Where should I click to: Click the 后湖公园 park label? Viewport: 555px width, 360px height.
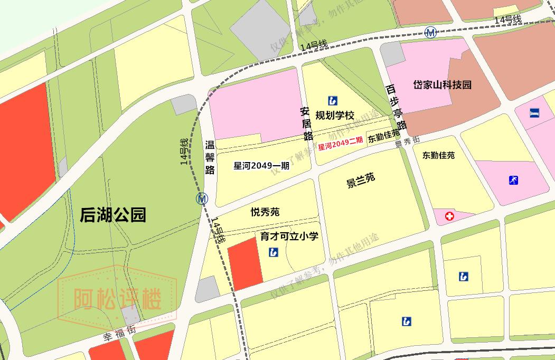click(112, 215)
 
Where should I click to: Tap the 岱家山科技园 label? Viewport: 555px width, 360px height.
click(442, 84)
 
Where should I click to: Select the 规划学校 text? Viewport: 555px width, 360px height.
click(334, 115)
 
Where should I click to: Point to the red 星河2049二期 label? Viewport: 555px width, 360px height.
click(341, 143)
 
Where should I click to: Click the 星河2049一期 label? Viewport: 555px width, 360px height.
click(261, 166)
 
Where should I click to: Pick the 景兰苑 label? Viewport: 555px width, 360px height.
click(360, 180)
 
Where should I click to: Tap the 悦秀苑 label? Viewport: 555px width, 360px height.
click(265, 212)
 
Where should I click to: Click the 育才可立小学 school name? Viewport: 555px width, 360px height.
click(289, 236)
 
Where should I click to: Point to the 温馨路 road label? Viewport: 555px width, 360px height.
click(210, 156)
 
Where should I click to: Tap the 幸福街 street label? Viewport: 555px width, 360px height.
click(119, 334)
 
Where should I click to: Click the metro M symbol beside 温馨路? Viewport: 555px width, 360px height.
click(202, 199)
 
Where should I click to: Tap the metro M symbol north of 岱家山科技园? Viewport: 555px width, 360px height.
click(431, 33)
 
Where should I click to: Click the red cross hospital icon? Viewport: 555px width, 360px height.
click(449, 216)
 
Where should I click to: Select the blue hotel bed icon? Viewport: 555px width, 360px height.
click(534, 112)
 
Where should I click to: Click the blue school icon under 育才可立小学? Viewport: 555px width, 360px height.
click(274, 252)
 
